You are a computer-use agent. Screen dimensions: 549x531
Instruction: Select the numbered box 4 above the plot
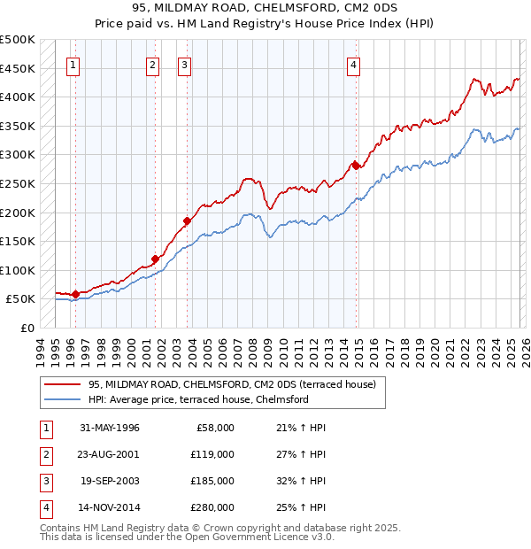click(x=353, y=64)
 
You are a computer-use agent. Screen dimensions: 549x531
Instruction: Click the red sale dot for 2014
click(x=355, y=165)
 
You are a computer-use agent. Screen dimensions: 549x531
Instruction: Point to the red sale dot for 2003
click(x=187, y=220)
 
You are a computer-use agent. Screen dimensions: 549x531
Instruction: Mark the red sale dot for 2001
click(x=155, y=259)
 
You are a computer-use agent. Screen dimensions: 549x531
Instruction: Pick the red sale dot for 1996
click(x=75, y=294)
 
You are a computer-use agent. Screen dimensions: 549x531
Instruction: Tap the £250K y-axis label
click(x=18, y=184)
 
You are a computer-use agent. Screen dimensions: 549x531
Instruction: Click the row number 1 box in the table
click(x=44, y=428)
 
